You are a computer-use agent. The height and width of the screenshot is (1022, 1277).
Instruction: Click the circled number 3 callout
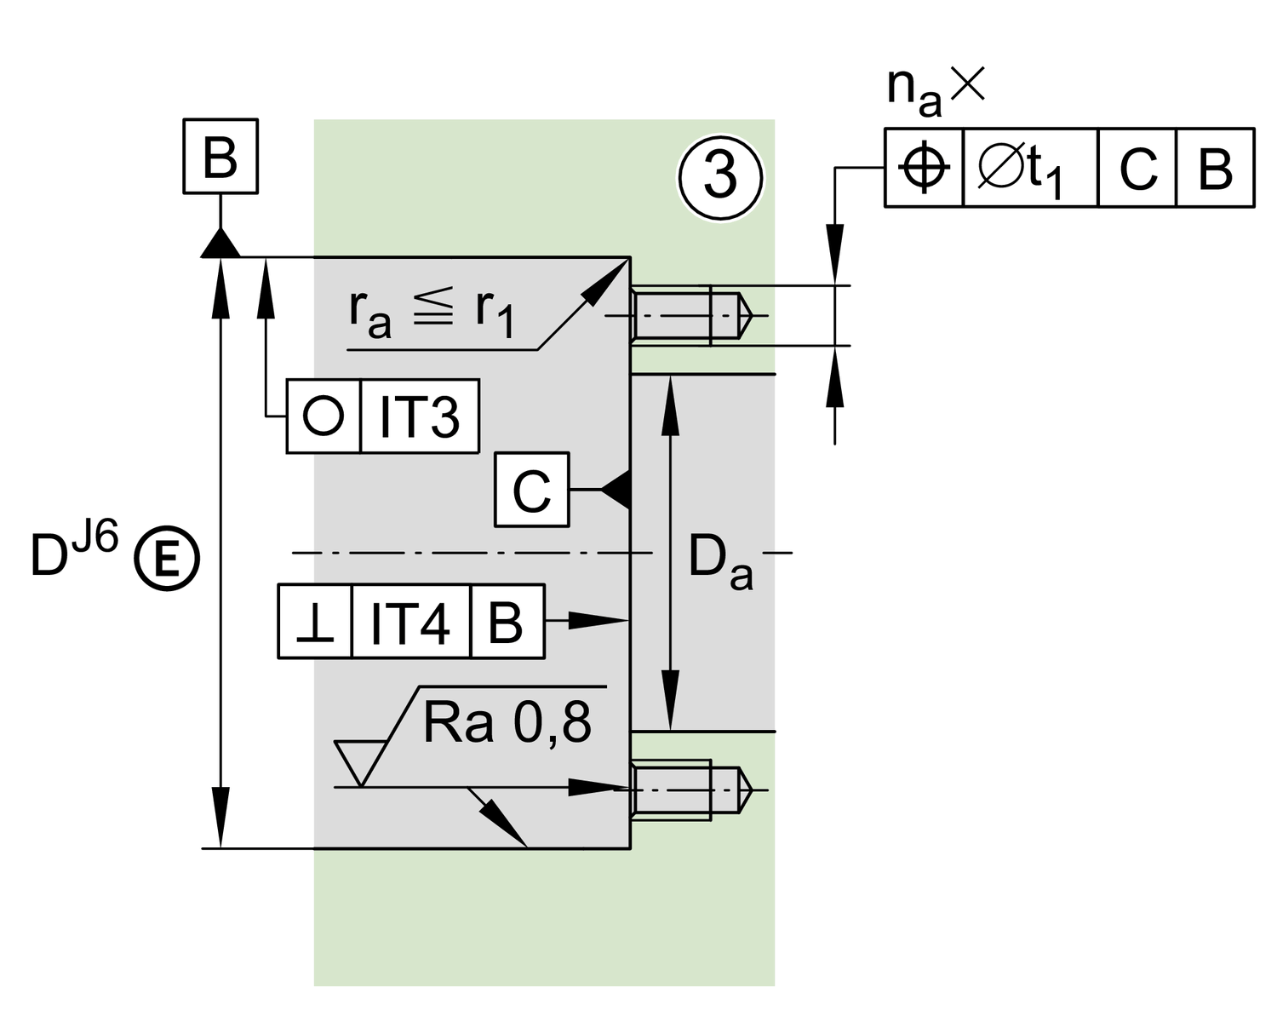pyautogui.click(x=721, y=177)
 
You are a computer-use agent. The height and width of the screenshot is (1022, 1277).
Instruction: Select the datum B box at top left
pyautogui.click(x=220, y=157)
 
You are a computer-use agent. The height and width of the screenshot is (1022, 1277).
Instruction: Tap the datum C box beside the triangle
pyautogui.click(x=532, y=490)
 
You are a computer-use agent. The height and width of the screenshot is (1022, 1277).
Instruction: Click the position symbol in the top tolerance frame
pyautogui.click(x=925, y=168)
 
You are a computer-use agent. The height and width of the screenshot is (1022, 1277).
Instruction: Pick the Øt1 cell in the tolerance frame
pyautogui.click(x=1030, y=168)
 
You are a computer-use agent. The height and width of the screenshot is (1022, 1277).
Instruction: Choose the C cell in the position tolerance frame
pyautogui.click(x=1137, y=168)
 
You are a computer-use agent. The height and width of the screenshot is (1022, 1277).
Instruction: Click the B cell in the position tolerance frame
pyautogui.click(x=1215, y=168)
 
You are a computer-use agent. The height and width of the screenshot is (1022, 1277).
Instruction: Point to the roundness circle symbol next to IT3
pyautogui.click(x=324, y=416)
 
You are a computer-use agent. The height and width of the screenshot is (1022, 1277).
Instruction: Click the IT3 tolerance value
pyautogui.click(x=420, y=416)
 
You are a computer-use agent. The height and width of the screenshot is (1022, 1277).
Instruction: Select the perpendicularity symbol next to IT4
pyautogui.click(x=315, y=623)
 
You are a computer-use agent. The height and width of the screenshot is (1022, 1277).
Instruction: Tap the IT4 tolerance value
pyautogui.click(x=410, y=623)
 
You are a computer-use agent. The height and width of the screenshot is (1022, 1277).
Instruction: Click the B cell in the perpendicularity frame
pyautogui.click(x=507, y=623)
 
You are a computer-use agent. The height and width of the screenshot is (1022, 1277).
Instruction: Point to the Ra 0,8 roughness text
pyautogui.click(x=507, y=724)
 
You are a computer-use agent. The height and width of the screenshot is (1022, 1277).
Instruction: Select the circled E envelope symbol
pyautogui.click(x=167, y=559)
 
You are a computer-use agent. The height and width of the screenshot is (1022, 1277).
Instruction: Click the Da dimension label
pyautogui.click(x=719, y=562)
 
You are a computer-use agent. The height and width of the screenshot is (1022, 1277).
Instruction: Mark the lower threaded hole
pyautogui.click(x=690, y=790)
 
